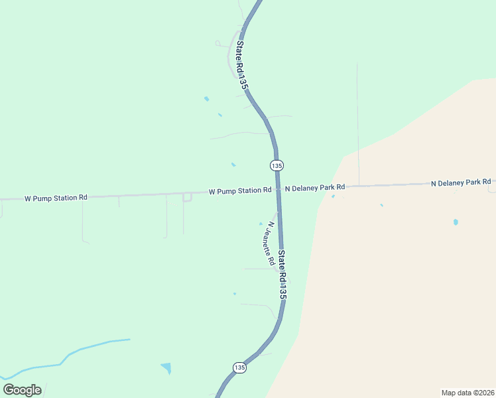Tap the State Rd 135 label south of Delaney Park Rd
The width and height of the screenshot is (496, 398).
(282, 273)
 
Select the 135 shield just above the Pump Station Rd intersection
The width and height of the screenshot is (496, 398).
(277, 165)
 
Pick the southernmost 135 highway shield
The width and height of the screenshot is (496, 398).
(239, 367)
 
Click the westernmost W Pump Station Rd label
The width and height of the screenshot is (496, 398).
(56, 198)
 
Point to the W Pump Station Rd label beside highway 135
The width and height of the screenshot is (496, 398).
(239, 191)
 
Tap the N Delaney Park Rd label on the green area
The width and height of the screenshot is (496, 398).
(315, 188)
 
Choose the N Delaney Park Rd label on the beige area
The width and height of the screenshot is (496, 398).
(461, 182)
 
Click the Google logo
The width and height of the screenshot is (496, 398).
(22, 390)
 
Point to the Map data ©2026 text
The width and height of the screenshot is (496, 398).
(467, 392)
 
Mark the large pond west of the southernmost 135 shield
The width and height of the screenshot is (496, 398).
(166, 367)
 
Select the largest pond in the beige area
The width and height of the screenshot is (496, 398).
(456, 222)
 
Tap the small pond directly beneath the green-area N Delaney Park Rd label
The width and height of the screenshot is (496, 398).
(333, 196)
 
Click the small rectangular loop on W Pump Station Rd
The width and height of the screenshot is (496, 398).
(187, 197)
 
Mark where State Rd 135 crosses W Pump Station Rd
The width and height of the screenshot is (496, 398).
(279, 190)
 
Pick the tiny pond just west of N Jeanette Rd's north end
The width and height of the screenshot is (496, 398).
(261, 224)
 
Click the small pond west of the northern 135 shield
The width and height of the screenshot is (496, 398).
(233, 164)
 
